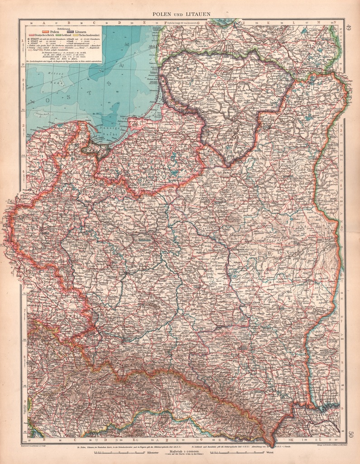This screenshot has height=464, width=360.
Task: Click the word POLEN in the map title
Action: coord(161,14)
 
